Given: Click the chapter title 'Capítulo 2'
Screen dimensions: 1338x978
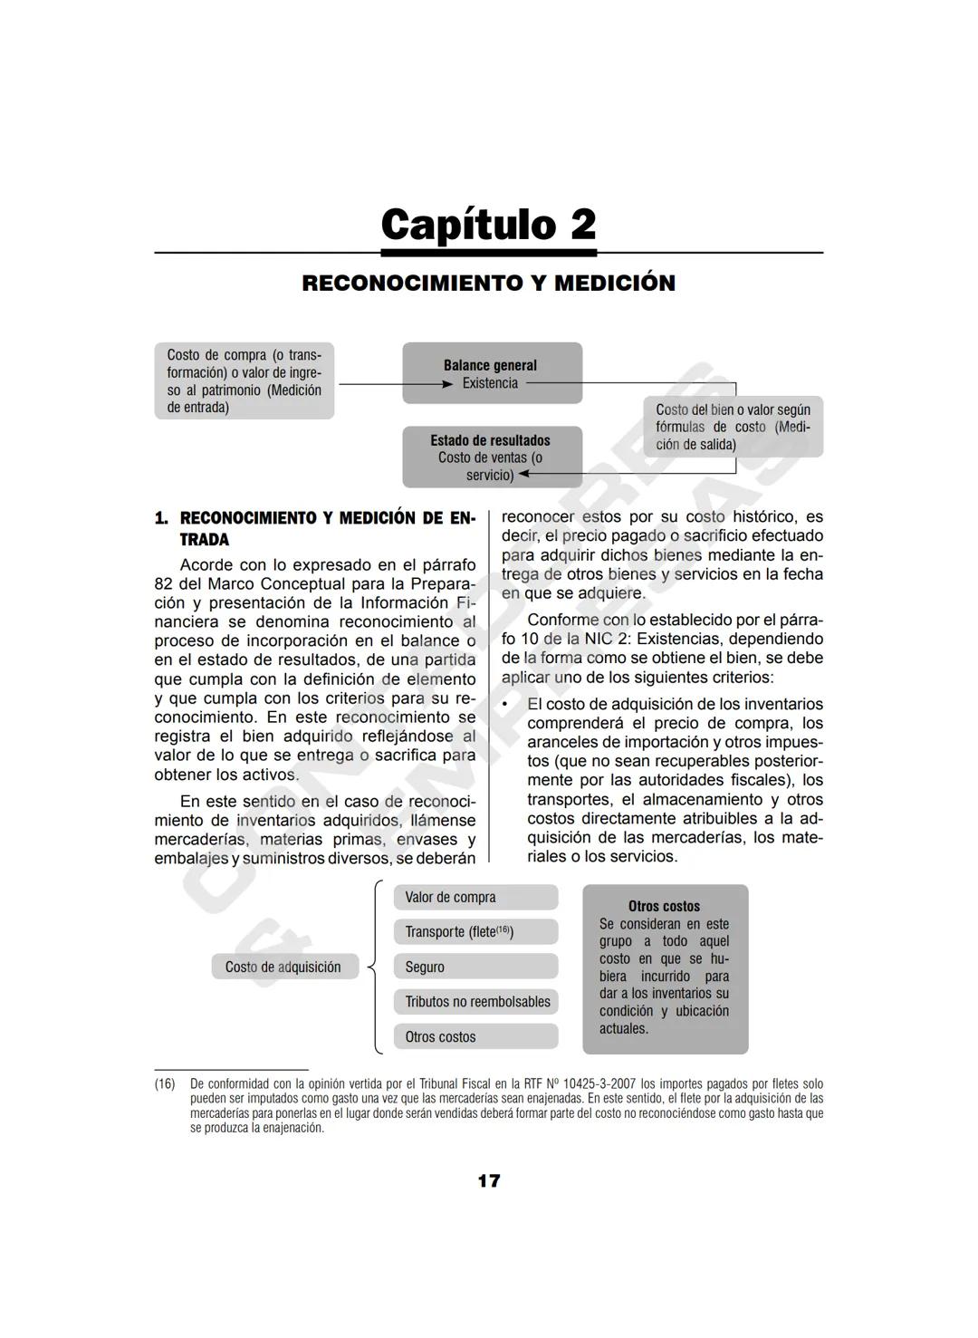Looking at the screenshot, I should pos(488,225).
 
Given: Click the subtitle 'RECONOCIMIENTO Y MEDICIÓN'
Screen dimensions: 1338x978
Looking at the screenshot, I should pos(488,283).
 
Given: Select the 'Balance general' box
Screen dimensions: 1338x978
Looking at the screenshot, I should pos(491,372).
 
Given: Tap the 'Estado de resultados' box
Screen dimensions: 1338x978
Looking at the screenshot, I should pos(491,457).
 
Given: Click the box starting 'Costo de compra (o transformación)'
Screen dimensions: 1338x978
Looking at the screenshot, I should pos(244,380).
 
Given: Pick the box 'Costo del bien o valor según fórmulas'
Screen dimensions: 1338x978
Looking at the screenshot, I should pos(733,426).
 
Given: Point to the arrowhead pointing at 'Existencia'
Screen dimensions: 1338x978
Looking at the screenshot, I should pos(446,384).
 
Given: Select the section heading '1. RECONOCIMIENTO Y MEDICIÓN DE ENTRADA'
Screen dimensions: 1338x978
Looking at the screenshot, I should pos(314,528).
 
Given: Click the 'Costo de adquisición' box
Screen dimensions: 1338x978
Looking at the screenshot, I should pos(283,967).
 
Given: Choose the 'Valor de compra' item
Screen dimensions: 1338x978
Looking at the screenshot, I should pos(475,897).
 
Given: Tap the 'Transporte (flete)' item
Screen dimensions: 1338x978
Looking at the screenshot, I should pos(475,931).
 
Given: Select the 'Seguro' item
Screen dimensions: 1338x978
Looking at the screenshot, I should pos(475,967).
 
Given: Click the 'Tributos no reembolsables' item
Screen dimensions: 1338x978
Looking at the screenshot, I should pos(476,1001).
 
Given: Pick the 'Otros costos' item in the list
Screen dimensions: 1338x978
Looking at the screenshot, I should pos(475,1036).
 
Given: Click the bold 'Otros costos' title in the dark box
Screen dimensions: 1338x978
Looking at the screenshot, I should pos(664,906).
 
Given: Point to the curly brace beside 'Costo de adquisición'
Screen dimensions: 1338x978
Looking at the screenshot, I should pos(374,967).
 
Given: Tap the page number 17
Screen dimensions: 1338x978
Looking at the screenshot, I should pos(488,1180).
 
